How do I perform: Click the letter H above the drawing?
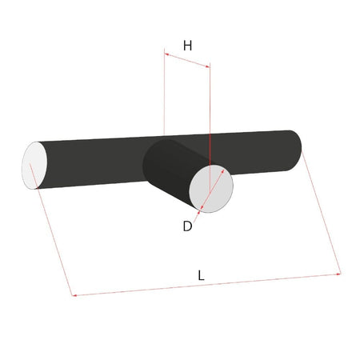pos(187,46)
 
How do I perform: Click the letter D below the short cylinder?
pos(187,226)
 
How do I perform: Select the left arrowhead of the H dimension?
pos(167,55)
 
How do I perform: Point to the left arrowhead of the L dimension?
pos(75,296)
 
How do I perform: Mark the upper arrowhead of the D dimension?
pos(222,170)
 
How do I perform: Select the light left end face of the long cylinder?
pos(34,166)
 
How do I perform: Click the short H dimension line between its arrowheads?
pos(187,60)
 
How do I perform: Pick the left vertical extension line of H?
pos(164,96)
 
